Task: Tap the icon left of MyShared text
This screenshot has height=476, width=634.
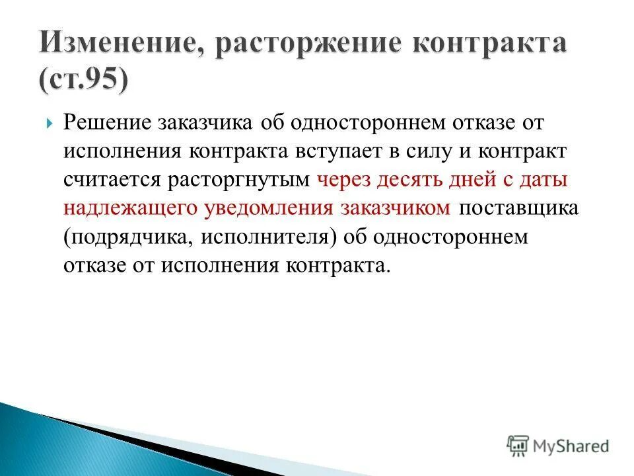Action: coord(518,445)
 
